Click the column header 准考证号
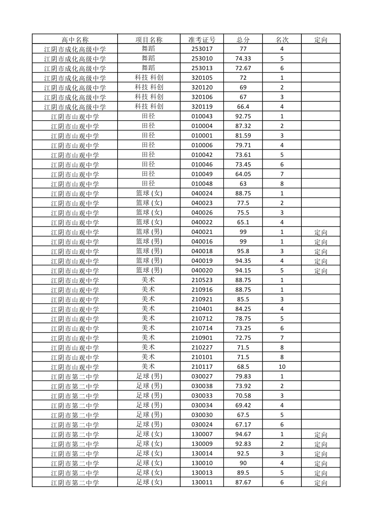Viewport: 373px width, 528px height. tap(202, 39)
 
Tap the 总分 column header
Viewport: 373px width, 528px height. tap(243, 39)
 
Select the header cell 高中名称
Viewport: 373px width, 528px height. tap(75, 39)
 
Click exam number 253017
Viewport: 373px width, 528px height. tap(202, 49)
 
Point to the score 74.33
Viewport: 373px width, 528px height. tap(243, 59)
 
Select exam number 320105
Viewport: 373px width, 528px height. tap(202, 78)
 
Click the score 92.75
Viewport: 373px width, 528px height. tap(243, 116)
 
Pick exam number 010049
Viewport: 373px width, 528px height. tap(202, 174)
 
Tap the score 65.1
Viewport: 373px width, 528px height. tap(243, 222)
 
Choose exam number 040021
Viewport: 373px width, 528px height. tap(202, 232)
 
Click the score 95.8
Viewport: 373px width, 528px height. tap(243, 251)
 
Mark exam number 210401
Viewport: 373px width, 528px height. tap(202, 309)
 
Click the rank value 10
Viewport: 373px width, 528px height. tap(282, 367)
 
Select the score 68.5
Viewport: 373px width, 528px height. tap(243, 367)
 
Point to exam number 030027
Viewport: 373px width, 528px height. tap(202, 377)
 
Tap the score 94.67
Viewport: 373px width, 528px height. tap(243, 434)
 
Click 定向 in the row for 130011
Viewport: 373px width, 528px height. tap(321, 483)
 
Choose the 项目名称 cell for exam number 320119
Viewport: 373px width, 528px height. tap(149, 107)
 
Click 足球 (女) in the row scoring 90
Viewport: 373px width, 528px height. tap(149, 463)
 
